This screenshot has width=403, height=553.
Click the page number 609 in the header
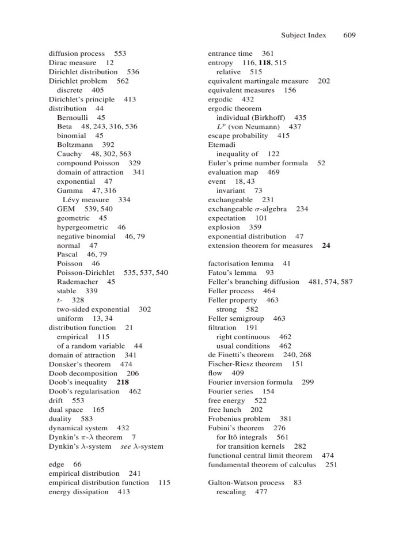click(349, 35)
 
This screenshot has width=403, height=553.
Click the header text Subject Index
click(303, 35)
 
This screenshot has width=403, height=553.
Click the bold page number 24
click(326, 245)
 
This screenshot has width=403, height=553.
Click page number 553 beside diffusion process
click(120, 54)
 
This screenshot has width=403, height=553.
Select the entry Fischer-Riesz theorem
click(245, 364)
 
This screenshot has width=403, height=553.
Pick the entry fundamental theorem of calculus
click(264, 464)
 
